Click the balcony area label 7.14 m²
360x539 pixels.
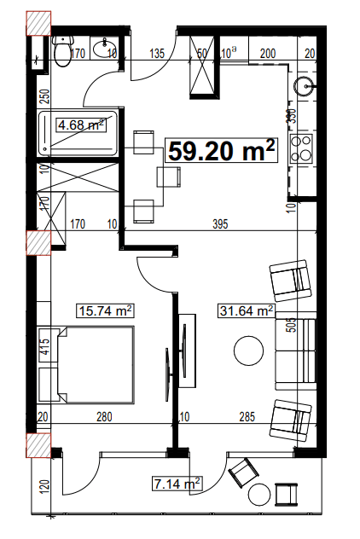tap(176, 484)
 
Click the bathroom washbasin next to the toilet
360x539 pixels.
tap(106, 50)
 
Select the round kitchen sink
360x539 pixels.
tap(306, 85)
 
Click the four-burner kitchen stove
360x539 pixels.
tap(302, 149)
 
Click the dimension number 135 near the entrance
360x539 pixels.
tap(157, 54)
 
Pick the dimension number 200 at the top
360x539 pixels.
tap(267, 54)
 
